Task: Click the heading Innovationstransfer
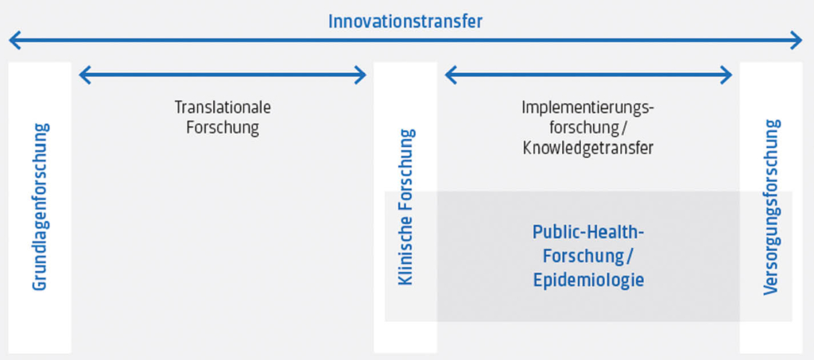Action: click(405, 21)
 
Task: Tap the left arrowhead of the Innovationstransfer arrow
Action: click(14, 40)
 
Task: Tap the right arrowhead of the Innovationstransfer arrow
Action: click(797, 40)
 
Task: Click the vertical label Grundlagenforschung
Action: click(41, 207)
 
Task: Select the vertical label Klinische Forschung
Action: click(405, 207)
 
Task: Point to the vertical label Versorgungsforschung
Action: click(772, 207)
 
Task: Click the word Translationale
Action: click(223, 107)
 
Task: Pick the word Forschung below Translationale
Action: click(223, 128)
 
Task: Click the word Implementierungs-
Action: click(588, 108)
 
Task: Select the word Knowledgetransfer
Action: click(588, 149)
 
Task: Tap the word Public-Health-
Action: click(588, 232)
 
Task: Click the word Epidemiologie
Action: click(588, 280)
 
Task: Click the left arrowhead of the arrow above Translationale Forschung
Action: click(84, 75)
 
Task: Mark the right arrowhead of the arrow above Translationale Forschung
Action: click(361, 75)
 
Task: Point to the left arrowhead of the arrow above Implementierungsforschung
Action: click(452, 75)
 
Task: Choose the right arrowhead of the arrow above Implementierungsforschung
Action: click(727, 75)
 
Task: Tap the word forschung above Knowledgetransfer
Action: click(582, 128)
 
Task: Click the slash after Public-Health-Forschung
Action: click(630, 256)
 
